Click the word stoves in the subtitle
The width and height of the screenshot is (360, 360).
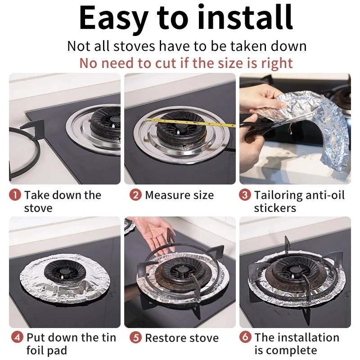click(x=134, y=46)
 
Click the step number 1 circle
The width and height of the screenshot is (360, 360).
click(x=15, y=195)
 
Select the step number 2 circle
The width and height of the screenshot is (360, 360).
click(x=135, y=195)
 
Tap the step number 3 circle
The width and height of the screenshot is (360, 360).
click(x=245, y=195)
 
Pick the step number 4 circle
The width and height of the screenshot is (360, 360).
click(x=18, y=338)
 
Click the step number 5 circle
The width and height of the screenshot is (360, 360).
click(x=135, y=338)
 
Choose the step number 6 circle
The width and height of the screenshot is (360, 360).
click(x=245, y=337)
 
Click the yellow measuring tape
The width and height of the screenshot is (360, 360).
click(x=190, y=122)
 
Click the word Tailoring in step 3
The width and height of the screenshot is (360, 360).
click(x=278, y=196)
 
